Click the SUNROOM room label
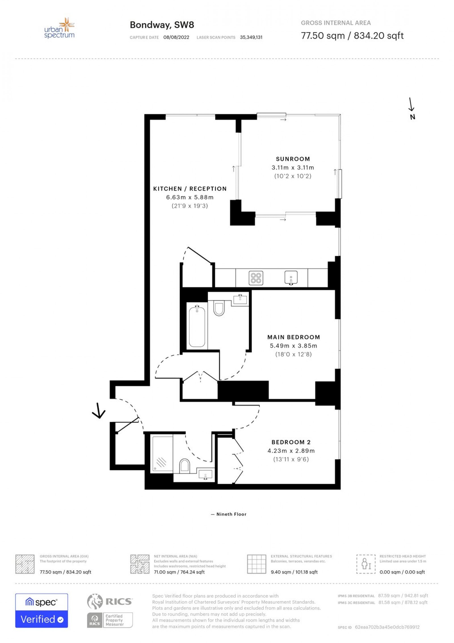pos(293,159)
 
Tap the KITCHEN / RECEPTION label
pos(190,189)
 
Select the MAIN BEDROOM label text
pos(294,337)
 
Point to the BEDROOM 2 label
pos(291,442)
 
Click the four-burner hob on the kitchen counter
pos(256,278)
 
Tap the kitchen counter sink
pos(291,278)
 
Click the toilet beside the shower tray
pos(184,466)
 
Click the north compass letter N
pos(413,117)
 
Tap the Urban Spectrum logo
pos(59,28)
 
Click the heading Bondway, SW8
pos(162,25)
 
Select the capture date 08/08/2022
pos(176,37)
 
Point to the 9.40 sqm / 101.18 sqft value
pos(294,572)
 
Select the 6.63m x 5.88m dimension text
pos(190,197)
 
